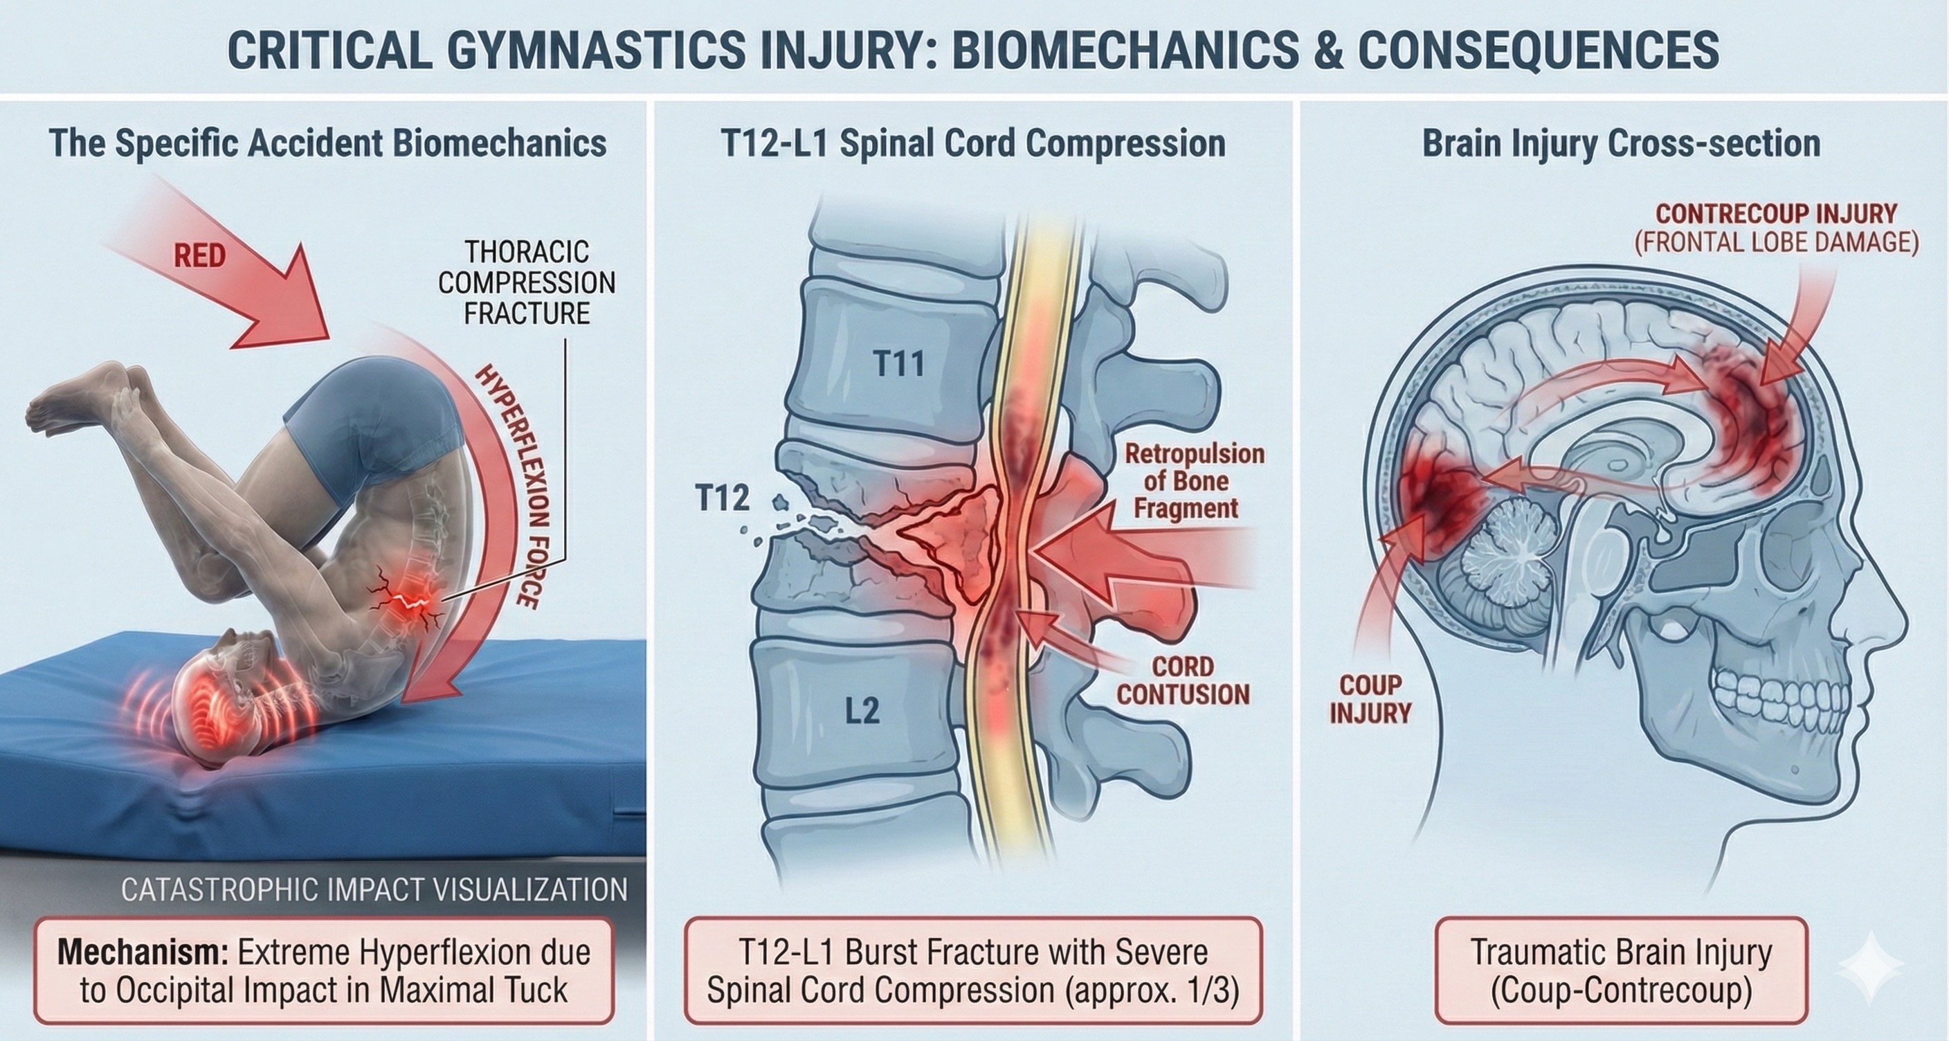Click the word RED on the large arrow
pyautogui.click(x=200, y=255)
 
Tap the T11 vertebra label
pyautogui.click(x=898, y=364)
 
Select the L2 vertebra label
pyautogui.click(x=861, y=711)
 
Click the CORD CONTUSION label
pyautogui.click(x=1183, y=680)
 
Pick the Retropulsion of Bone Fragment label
pyautogui.click(x=1194, y=480)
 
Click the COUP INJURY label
pyautogui.click(x=1370, y=698)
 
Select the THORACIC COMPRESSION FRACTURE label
pyautogui.click(x=527, y=282)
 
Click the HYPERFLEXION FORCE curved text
pyautogui.click(x=509, y=485)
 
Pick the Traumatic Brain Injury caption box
pyautogui.click(x=1621, y=970)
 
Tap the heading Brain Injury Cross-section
pyautogui.click(x=1621, y=143)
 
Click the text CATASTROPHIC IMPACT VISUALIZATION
pyautogui.click(x=374, y=889)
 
